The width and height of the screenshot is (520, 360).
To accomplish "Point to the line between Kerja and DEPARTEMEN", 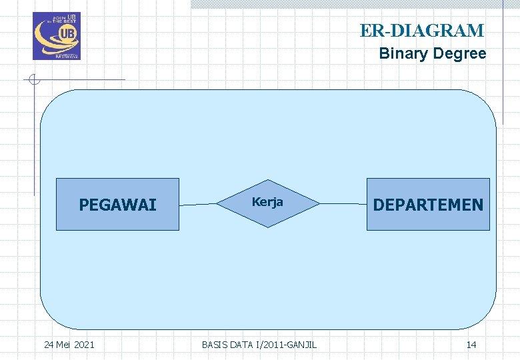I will click(341, 203).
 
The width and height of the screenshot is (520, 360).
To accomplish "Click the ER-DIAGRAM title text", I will click(421, 31).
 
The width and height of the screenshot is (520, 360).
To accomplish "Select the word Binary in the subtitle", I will click(401, 53).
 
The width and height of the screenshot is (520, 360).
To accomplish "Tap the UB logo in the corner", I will click(57, 36).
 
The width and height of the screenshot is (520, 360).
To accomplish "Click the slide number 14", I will click(471, 345).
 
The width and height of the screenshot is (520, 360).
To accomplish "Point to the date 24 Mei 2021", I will click(69, 345).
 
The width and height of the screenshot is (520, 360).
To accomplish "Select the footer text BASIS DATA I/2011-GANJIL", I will click(259, 345).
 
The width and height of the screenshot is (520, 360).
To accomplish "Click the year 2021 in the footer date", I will click(84, 345).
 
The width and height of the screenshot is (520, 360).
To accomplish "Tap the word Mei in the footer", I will click(63, 345).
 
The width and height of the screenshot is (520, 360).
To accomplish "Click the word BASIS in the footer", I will click(214, 345).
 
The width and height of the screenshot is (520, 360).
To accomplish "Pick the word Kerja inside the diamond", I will click(267, 202).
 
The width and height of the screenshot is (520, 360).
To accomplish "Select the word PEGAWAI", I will click(117, 205).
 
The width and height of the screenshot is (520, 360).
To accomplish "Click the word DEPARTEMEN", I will click(428, 205).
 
